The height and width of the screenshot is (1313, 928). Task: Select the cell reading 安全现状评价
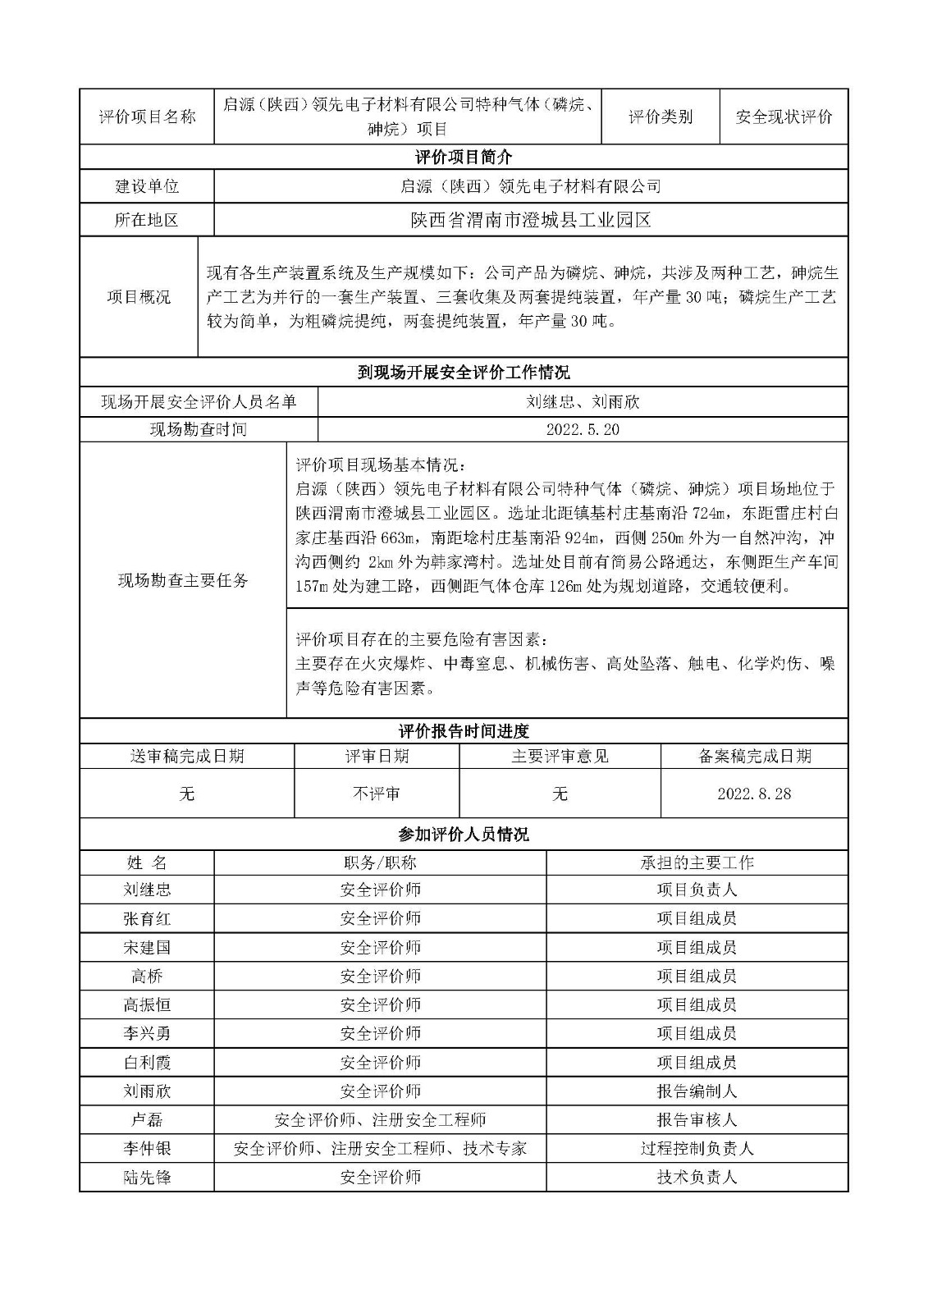pyautogui.click(x=784, y=117)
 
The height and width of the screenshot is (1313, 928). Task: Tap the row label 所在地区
pyautogui.click(x=147, y=220)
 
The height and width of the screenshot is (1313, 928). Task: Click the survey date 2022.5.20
pyautogui.click(x=583, y=429)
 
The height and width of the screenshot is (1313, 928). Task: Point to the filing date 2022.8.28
pyautogui.click(x=754, y=794)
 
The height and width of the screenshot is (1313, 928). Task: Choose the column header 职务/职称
pyautogui.click(x=380, y=862)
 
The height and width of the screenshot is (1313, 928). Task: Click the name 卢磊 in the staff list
pyautogui.click(x=147, y=1119)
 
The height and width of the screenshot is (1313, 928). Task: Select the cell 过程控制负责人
pyautogui.click(x=697, y=1148)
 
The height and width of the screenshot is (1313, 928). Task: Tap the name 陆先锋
pyautogui.click(x=147, y=1177)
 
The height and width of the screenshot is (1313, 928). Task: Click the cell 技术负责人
pyautogui.click(x=697, y=1177)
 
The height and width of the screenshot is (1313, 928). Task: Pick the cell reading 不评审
pyautogui.click(x=377, y=794)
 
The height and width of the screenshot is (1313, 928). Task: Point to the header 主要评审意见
pyautogui.click(x=560, y=756)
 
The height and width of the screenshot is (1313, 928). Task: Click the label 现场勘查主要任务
pyautogui.click(x=183, y=580)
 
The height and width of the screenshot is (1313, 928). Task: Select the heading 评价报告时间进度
pyautogui.click(x=464, y=731)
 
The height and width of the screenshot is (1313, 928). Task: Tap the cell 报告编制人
pyautogui.click(x=697, y=1091)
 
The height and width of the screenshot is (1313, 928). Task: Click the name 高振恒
pyautogui.click(x=147, y=1004)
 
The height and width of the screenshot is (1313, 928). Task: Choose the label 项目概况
pyautogui.click(x=139, y=297)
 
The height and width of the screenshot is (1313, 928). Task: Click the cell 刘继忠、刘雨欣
pyautogui.click(x=583, y=402)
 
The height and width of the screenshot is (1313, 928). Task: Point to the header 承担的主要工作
pyautogui.click(x=697, y=862)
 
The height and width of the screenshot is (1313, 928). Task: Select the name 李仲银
pyautogui.click(x=147, y=1148)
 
